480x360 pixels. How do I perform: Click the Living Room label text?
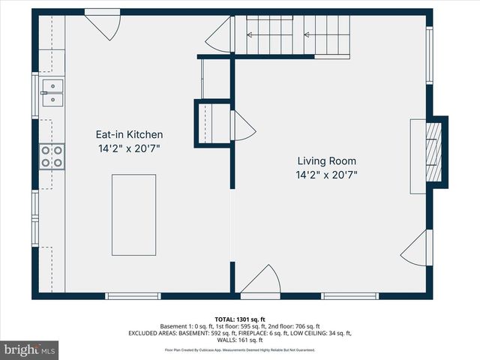point(326,160)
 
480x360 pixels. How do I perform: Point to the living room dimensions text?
point(326,175)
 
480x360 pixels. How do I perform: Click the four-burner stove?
point(52,156)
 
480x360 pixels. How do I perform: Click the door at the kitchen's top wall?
point(103,24)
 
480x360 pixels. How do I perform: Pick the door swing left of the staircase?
point(222,34)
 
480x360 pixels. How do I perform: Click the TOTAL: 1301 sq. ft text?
point(239,319)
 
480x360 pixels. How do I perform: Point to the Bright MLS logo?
point(30,349)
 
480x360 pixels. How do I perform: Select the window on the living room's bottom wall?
point(349,295)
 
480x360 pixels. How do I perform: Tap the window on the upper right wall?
point(430,55)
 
